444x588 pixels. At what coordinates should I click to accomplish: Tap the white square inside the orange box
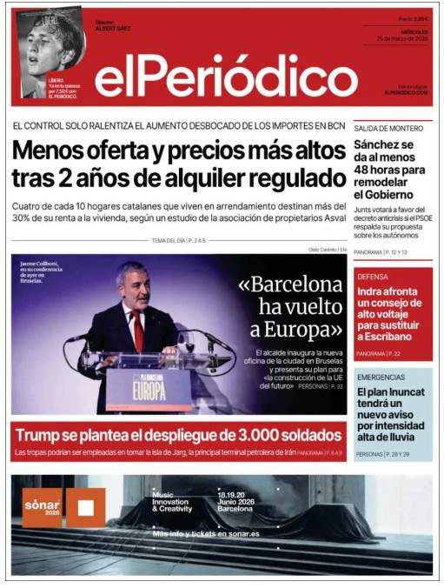[x=85, y=508]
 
